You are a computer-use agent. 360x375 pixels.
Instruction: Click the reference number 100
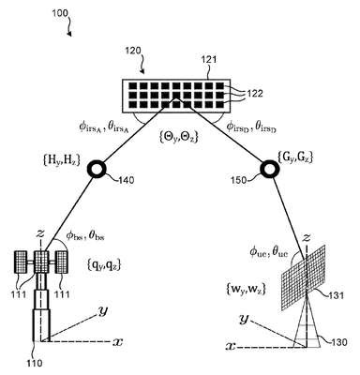[x=60, y=13]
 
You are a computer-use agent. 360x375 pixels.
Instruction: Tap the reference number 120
[x=133, y=51]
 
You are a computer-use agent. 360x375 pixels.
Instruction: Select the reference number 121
[x=210, y=59]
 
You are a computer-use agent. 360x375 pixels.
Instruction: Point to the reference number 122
[x=255, y=93]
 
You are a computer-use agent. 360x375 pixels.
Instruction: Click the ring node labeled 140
[x=98, y=169]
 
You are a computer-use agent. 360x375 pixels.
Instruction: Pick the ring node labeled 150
[x=268, y=169]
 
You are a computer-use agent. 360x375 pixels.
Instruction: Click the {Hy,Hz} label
[x=61, y=160]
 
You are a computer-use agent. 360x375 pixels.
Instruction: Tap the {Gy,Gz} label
[x=295, y=157]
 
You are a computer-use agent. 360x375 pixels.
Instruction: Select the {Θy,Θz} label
[x=177, y=138]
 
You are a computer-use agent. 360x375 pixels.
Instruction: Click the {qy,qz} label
[x=103, y=265]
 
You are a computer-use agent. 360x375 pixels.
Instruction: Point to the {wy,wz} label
[x=246, y=290]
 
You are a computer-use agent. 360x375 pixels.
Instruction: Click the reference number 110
[x=34, y=363]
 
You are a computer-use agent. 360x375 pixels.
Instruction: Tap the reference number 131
[x=336, y=295]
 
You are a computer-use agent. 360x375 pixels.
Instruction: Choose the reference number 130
[x=338, y=342]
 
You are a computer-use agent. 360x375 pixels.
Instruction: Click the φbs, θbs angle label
[x=85, y=236]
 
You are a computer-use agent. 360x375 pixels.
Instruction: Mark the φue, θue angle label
[x=269, y=251]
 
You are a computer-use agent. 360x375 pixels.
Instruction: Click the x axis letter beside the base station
[x=117, y=342]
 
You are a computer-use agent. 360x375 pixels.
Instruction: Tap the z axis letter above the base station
[x=40, y=233]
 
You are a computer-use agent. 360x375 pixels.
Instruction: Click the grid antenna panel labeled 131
[x=304, y=277]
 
